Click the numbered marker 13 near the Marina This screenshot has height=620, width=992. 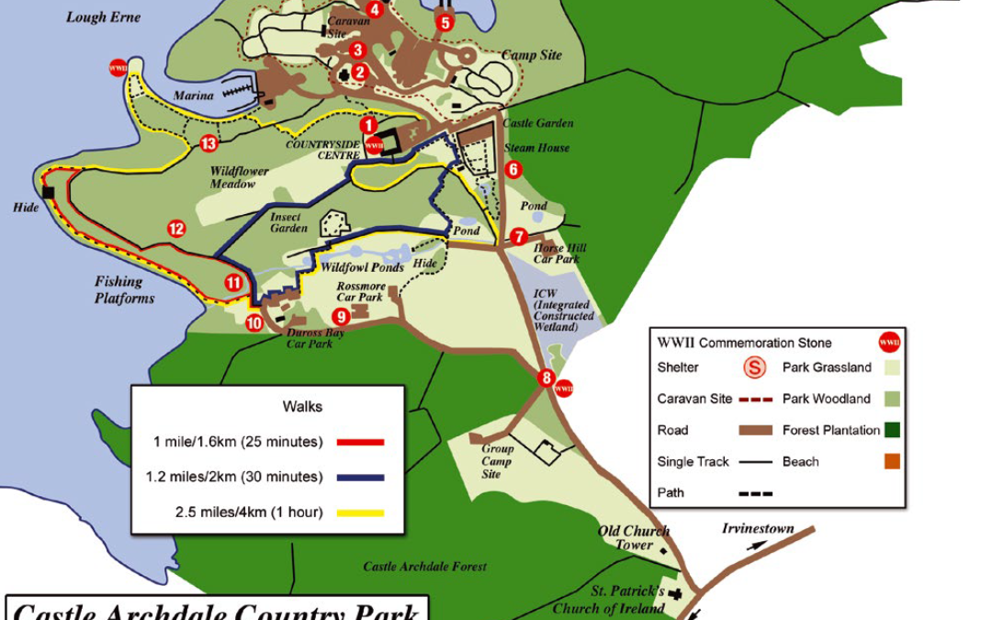(x=209, y=143)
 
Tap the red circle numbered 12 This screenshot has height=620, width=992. (x=176, y=229)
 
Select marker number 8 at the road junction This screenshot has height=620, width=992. (x=547, y=378)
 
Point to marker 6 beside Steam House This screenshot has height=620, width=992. (x=513, y=169)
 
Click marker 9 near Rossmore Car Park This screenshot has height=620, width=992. (x=342, y=316)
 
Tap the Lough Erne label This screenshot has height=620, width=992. (x=103, y=17)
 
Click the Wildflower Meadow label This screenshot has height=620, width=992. (x=232, y=177)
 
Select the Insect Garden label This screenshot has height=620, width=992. (x=288, y=222)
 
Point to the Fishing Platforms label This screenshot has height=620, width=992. (x=124, y=290)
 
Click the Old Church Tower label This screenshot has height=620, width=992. (x=634, y=537)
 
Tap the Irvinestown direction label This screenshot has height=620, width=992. (x=758, y=529)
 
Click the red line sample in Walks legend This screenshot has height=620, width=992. (x=360, y=442)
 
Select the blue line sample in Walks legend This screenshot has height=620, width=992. (x=360, y=477)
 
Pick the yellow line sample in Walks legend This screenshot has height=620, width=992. (x=360, y=512)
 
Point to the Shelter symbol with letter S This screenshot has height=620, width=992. (x=754, y=368)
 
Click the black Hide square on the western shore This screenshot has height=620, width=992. (x=48, y=192)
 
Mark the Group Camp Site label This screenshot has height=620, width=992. (x=497, y=461)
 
